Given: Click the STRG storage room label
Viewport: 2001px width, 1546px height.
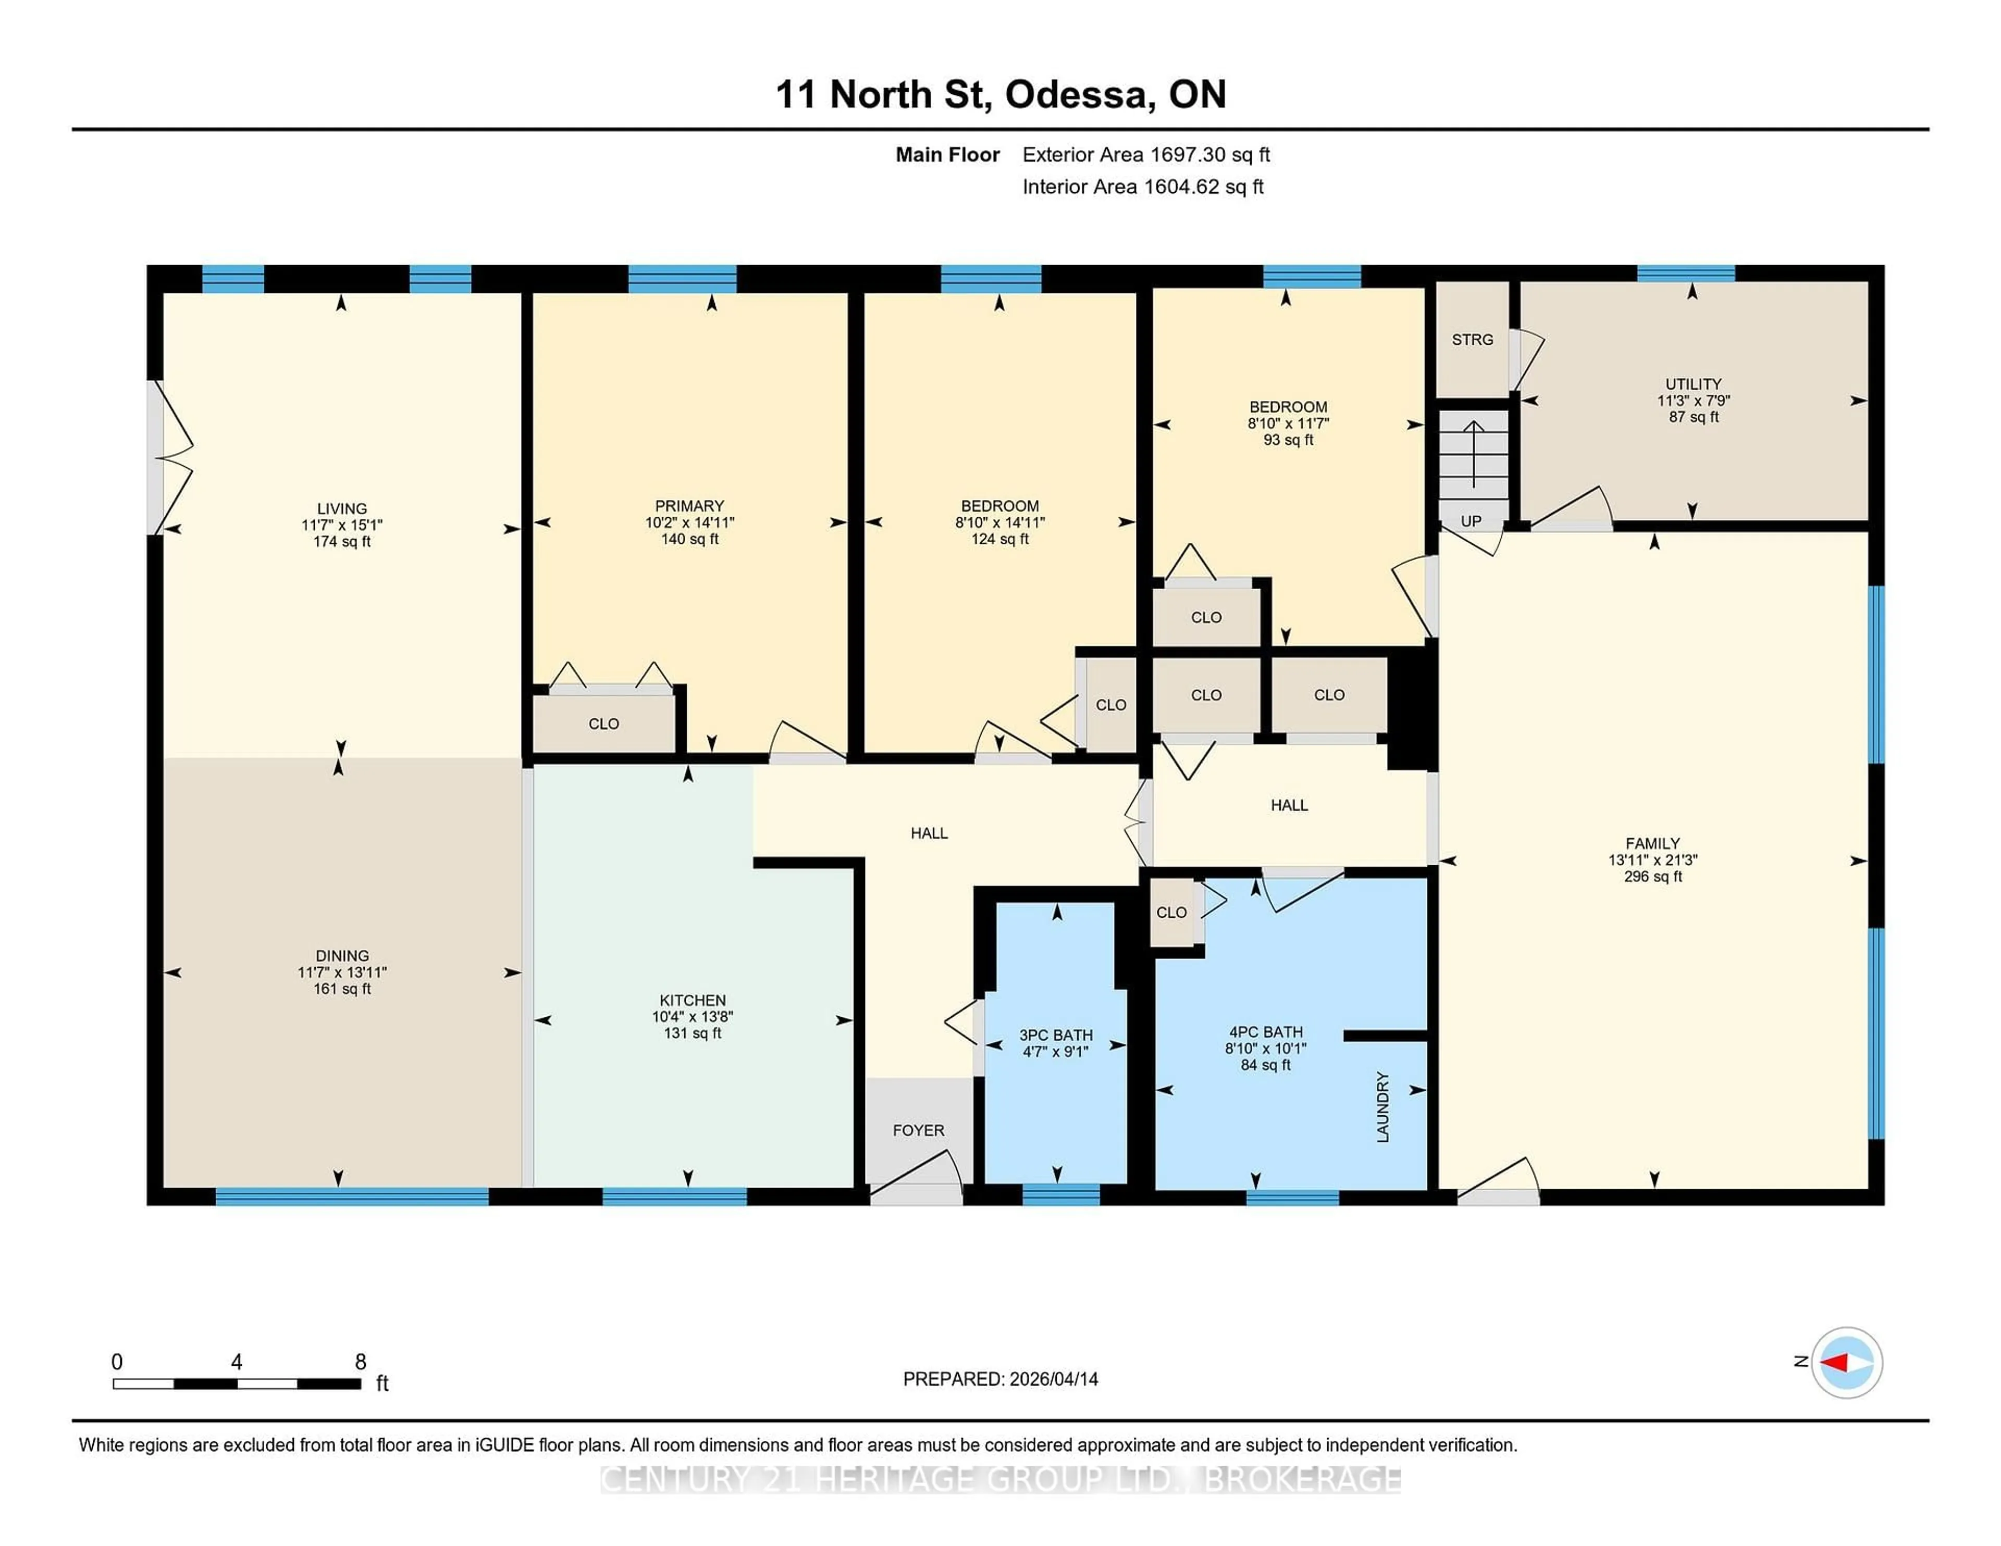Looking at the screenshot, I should pyautogui.click(x=1472, y=340).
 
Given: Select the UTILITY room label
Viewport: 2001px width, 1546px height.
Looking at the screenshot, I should pyautogui.click(x=1692, y=384).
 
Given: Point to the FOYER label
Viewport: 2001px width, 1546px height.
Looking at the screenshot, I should pyautogui.click(x=918, y=1131).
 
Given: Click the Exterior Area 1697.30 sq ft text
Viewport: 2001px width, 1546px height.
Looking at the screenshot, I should pyautogui.click(x=1145, y=155).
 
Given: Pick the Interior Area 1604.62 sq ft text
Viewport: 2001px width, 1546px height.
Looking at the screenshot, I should pyautogui.click(x=1143, y=187).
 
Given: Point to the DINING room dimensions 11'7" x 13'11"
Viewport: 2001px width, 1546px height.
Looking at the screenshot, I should pyautogui.click(x=342, y=973).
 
